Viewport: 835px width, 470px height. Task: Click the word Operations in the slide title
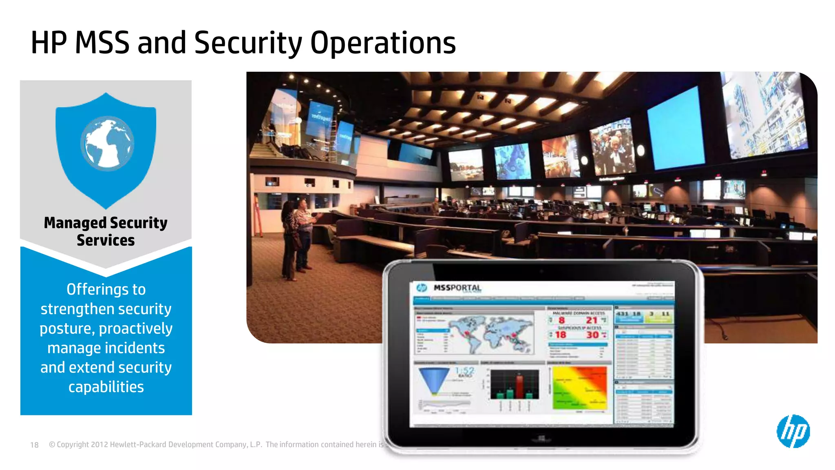pos(382,43)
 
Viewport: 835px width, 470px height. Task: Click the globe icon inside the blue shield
pos(107,144)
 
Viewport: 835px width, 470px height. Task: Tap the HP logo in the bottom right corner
pos(793,431)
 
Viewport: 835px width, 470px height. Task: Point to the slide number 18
pos(34,445)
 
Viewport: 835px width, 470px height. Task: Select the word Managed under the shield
pos(75,223)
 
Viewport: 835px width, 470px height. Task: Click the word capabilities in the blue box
pos(106,387)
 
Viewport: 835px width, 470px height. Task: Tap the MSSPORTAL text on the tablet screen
pos(457,288)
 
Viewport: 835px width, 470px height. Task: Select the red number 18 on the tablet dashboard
pos(561,335)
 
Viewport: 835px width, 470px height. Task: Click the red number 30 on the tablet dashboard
pos(592,335)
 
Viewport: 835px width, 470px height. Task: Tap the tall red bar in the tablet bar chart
pos(519,386)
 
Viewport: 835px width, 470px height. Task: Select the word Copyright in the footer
pos(73,445)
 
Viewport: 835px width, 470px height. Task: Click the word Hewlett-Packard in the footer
pos(138,445)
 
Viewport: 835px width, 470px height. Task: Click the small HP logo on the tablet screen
pos(422,288)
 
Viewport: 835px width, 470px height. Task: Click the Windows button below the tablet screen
pos(541,439)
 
